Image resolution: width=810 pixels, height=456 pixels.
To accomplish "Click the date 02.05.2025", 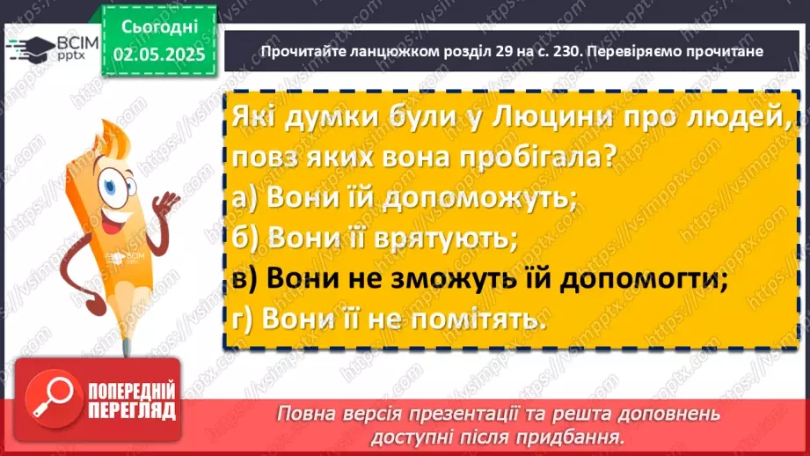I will [x=158, y=55].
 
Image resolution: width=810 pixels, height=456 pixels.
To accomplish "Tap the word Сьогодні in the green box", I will [x=158, y=26].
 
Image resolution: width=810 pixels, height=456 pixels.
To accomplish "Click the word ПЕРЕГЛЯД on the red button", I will [x=129, y=409].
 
